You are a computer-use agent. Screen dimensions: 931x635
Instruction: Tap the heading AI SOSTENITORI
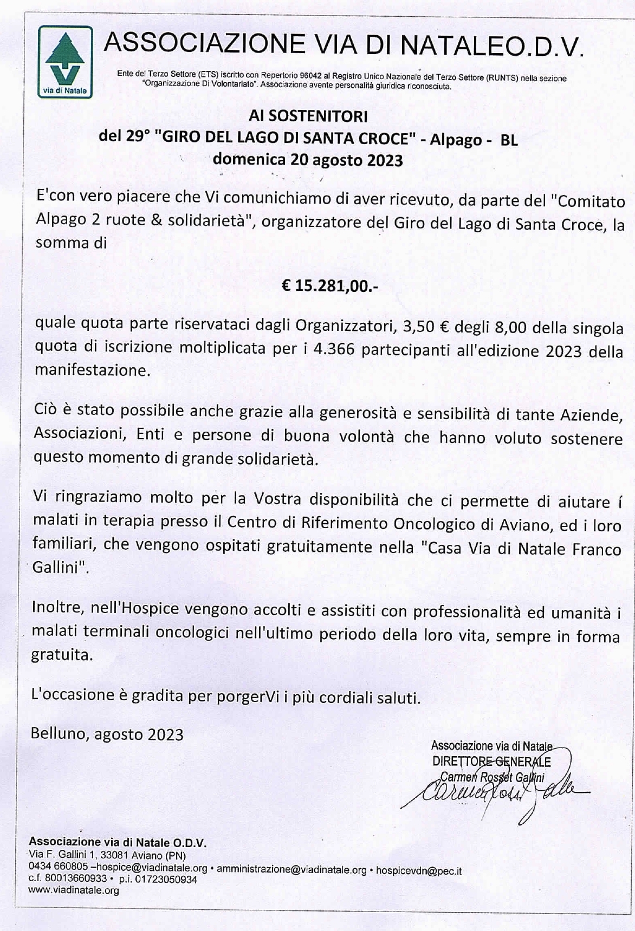308,116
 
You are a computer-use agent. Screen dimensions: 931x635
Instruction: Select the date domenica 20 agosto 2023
308,160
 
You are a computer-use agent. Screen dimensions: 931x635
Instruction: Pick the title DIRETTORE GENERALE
491,762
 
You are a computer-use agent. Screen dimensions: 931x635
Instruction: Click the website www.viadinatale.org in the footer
74,890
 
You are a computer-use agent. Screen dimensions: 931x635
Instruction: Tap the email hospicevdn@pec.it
418,870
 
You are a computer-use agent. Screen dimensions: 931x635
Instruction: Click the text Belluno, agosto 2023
107,734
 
